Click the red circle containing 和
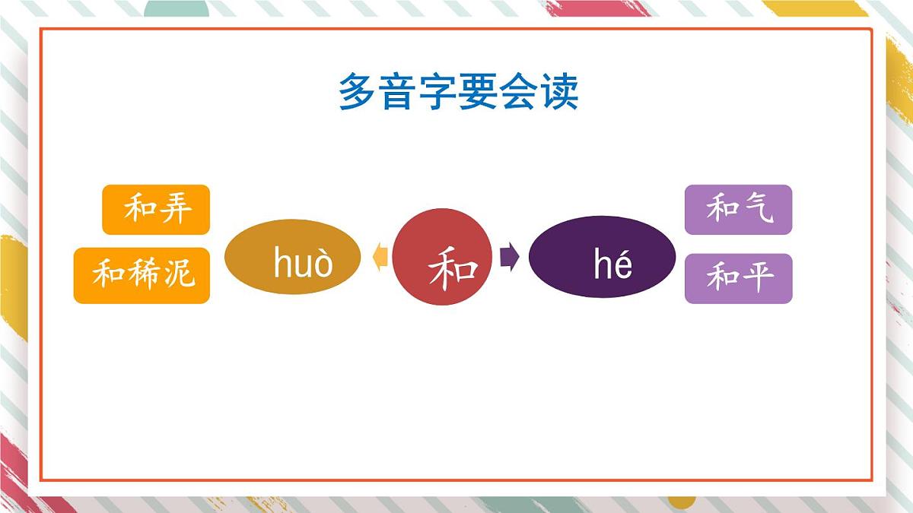coord(443,257)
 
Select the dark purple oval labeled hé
coord(602,257)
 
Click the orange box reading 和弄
coord(156,210)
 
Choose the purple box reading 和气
coord(738,210)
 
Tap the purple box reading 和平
coord(738,278)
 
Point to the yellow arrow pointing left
coord(380,258)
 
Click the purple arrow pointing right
coord(509,258)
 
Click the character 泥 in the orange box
coord(179,274)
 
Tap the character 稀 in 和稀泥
coord(143,274)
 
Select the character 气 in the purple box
coord(756,208)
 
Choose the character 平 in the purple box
coord(756,277)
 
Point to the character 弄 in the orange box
coord(175,209)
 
